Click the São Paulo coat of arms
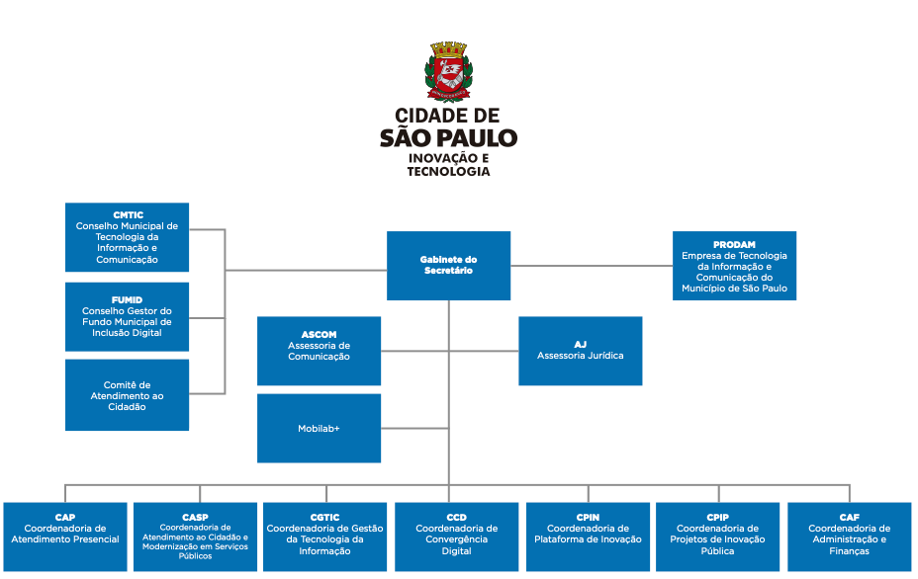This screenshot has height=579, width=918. [448, 72]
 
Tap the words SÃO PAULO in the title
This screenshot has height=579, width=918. [448, 137]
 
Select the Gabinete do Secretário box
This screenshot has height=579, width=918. [448, 266]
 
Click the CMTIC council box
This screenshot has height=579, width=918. [127, 237]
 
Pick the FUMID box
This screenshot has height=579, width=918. [127, 316]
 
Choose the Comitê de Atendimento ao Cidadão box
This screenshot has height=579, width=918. [127, 395]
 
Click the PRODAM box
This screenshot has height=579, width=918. [734, 265]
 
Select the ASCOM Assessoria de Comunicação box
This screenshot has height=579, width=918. [319, 351]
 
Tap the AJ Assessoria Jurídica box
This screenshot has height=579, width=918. [580, 351]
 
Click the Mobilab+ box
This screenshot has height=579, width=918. [319, 428]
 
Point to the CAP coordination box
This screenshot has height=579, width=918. [65, 537]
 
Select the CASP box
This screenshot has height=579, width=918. [195, 537]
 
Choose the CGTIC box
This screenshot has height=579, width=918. [324, 537]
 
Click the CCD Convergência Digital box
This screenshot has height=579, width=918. [456, 537]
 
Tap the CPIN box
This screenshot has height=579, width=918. [588, 537]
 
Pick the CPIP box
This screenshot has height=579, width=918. [717, 537]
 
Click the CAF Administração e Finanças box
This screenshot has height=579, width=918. [849, 537]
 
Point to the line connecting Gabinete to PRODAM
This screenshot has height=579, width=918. [592, 265]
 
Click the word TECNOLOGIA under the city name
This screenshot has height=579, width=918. [448, 171]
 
